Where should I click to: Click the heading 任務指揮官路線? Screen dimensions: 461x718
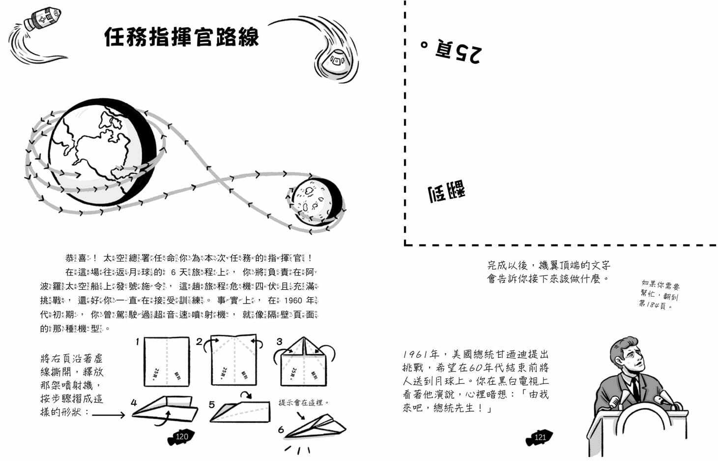tap(181, 37)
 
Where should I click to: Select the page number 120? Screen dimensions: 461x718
tap(182, 436)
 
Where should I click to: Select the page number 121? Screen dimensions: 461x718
tap(540, 437)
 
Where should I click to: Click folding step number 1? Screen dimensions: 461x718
tap(138, 341)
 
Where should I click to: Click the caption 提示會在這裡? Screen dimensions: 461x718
tap(304, 402)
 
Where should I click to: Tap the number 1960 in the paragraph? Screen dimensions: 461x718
tap(293, 300)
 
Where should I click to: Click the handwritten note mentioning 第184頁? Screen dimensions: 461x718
tap(659, 295)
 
